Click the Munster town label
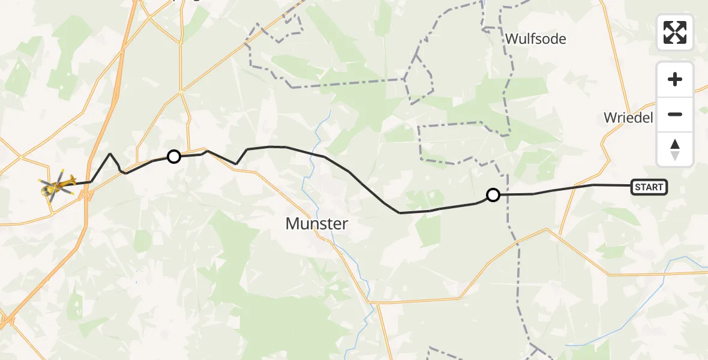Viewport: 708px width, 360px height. coord(317,224)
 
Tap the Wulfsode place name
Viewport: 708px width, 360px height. coord(535,39)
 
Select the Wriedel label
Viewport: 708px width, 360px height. coord(628,118)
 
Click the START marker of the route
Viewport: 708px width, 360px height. coord(649,187)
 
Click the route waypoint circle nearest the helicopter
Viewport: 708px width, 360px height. coord(173,157)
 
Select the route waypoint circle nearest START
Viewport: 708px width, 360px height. coord(493,194)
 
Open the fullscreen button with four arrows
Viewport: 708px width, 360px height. coord(675,32)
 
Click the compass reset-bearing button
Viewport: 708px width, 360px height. coord(675,149)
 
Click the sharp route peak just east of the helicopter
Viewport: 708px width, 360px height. coord(110,154)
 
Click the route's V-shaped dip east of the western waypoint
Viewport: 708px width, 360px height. coord(236,164)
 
